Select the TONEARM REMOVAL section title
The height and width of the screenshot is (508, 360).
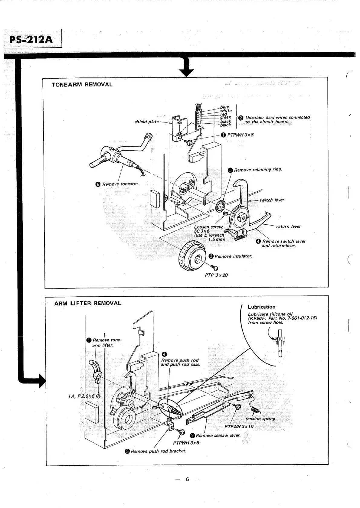[x=82, y=85]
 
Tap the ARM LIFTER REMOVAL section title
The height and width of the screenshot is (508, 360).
[x=88, y=303]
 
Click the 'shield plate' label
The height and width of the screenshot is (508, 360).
[x=147, y=122]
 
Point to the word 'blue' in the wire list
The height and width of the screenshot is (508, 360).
[x=224, y=107]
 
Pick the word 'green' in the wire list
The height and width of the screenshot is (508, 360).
[x=226, y=117]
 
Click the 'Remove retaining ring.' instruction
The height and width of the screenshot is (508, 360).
[x=258, y=170]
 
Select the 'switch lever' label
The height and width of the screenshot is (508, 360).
[x=272, y=200]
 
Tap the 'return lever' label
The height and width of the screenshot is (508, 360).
[x=288, y=226]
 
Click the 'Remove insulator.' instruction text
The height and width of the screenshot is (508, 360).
[x=233, y=256]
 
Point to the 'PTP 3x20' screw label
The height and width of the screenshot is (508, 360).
[x=216, y=275]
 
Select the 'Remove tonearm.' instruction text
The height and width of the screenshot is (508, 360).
[x=120, y=184]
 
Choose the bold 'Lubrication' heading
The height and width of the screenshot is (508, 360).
[x=261, y=307]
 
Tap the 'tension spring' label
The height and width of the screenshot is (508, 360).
[x=260, y=419]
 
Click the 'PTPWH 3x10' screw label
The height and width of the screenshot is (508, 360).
[x=239, y=427]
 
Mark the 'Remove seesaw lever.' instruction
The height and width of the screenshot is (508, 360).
[x=218, y=435]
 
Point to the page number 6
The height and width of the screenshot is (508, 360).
[x=187, y=479]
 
